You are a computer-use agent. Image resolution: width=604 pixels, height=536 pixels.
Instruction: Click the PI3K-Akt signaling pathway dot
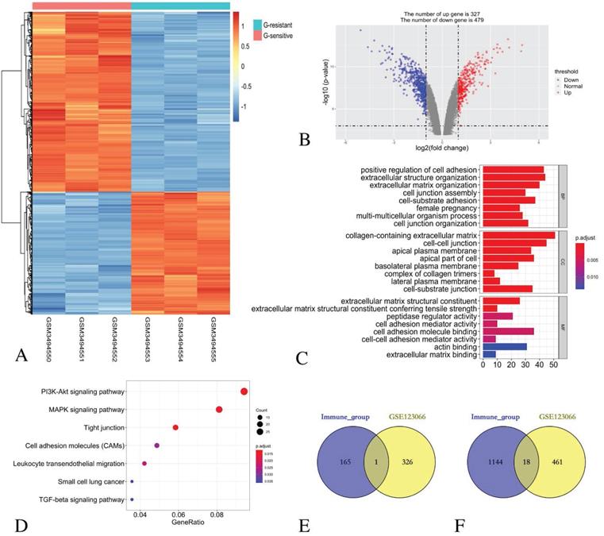pos(244,391)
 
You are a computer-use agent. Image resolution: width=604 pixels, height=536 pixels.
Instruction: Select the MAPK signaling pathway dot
pos(219,410)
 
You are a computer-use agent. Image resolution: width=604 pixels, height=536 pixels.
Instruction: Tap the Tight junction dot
pos(175,428)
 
